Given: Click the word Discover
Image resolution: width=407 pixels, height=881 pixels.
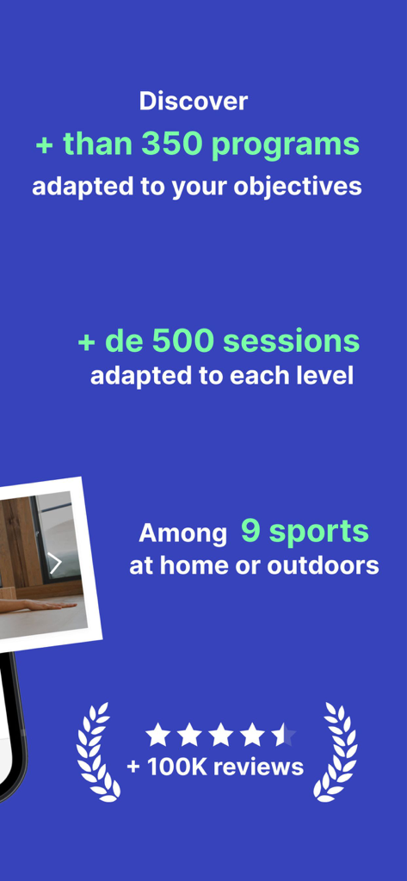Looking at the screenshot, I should point(194,102).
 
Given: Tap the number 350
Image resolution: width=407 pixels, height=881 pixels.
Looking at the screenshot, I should point(173,145).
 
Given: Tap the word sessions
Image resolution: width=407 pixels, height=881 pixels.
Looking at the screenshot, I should point(292,342).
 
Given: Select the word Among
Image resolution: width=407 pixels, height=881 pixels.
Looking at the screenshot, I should point(183,533).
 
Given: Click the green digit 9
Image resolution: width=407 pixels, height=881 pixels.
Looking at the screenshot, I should point(250,531).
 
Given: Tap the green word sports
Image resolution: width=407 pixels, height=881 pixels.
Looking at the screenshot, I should point(318,532).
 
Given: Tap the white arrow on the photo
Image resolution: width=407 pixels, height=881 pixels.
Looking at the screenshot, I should point(55,564).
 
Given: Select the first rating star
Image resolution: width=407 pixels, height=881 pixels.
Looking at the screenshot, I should point(157,735).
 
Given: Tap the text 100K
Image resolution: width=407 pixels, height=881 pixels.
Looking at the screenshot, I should point(177,767).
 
